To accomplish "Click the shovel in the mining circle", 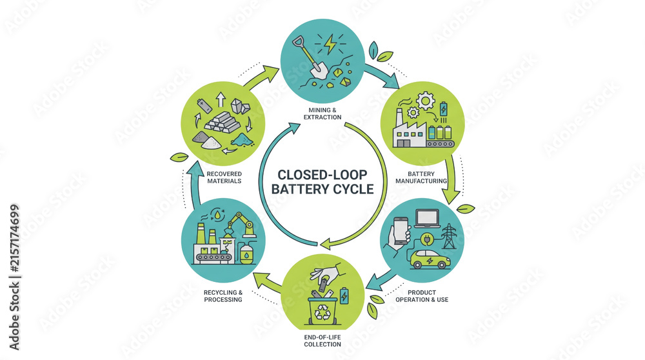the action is pos(311,59).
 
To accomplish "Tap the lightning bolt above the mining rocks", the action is pos(330,45).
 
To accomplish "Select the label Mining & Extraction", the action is pos(322,114).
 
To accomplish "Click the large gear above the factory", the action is pos(425,100).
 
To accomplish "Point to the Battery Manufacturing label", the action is pos(421,177).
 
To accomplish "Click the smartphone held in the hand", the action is pos(401,231).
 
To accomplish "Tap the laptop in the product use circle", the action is pos(426,219).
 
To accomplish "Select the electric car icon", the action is pos(430,259).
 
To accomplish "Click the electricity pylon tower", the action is pos(449,237).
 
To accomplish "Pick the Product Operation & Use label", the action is pos(422,296).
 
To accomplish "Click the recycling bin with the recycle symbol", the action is pos(322,310).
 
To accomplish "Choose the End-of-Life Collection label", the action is pos(322,341).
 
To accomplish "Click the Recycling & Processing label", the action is pos(223,296).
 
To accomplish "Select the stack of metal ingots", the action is pos(222,122).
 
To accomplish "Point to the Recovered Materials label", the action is pos(224,177).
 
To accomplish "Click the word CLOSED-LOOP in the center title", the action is pos(322,175).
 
